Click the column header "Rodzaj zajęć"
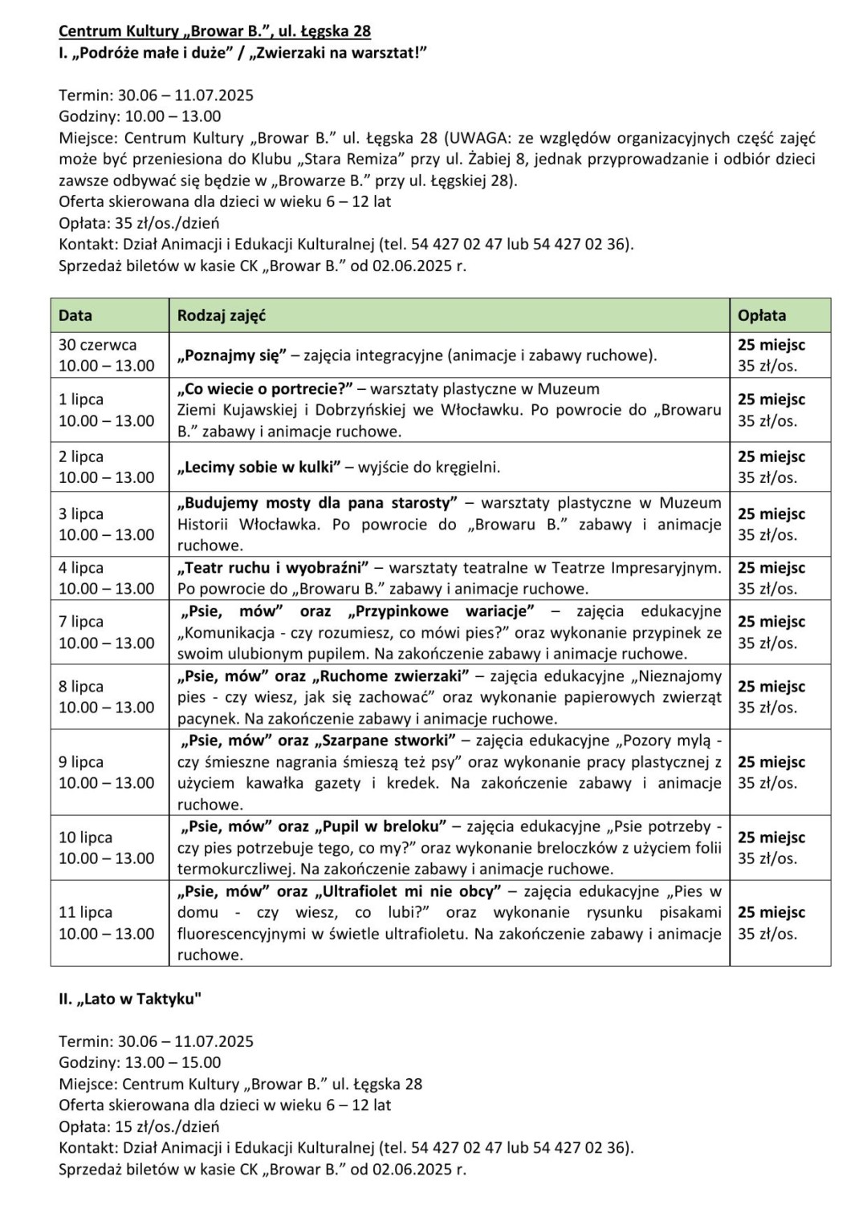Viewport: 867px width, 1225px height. coord(222,315)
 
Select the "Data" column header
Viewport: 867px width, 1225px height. coord(75,315)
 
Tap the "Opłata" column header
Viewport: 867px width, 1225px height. coord(762,315)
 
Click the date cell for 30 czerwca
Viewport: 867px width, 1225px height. coord(106,355)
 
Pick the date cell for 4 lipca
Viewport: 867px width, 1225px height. coord(106,578)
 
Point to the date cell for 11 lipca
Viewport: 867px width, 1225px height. coord(106,923)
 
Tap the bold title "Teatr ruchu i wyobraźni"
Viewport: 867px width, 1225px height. coord(273,567)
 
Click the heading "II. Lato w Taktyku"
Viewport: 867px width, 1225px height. coord(130,999)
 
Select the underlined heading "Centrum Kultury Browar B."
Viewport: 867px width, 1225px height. coord(214,31)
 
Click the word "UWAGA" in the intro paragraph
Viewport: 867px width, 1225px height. coord(481,138)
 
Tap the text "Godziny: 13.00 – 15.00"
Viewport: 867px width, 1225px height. coord(140,1062)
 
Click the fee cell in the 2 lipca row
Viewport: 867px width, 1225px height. coord(771,467)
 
